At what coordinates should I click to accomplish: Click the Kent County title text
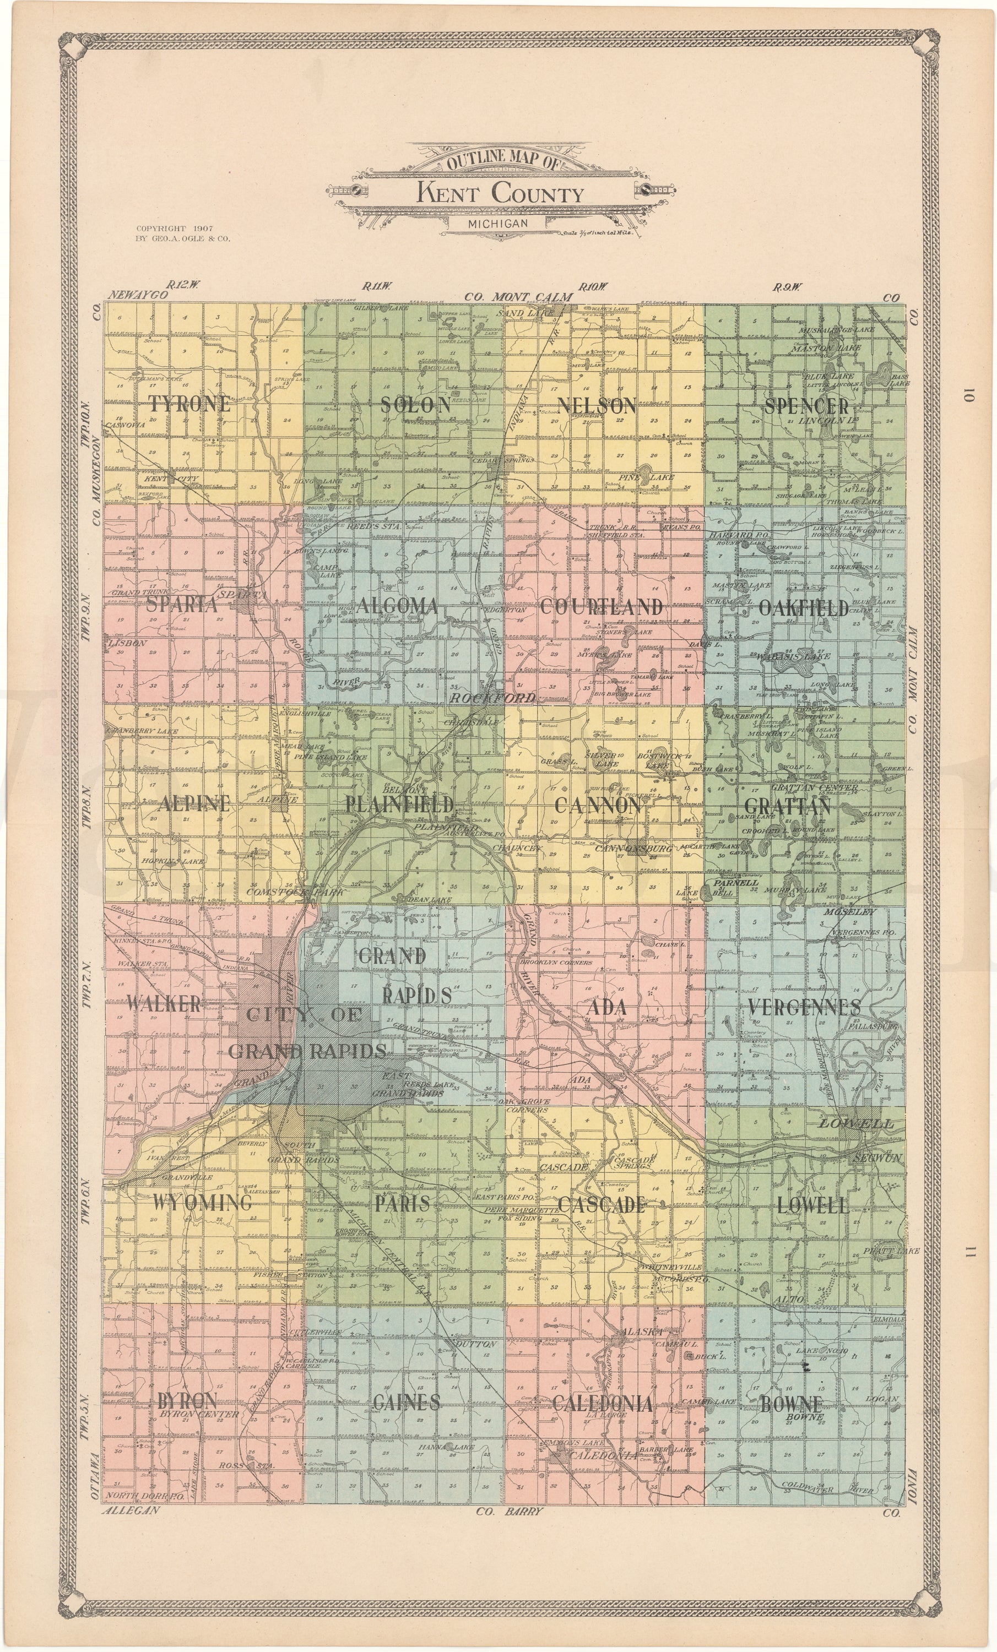coord(500,194)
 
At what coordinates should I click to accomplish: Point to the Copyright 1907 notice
coord(174,229)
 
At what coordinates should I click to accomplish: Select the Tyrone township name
coord(189,404)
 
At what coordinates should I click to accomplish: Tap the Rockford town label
coord(492,698)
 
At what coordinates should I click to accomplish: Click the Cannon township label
coord(598,805)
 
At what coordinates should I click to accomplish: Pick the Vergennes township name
coord(804,1007)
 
